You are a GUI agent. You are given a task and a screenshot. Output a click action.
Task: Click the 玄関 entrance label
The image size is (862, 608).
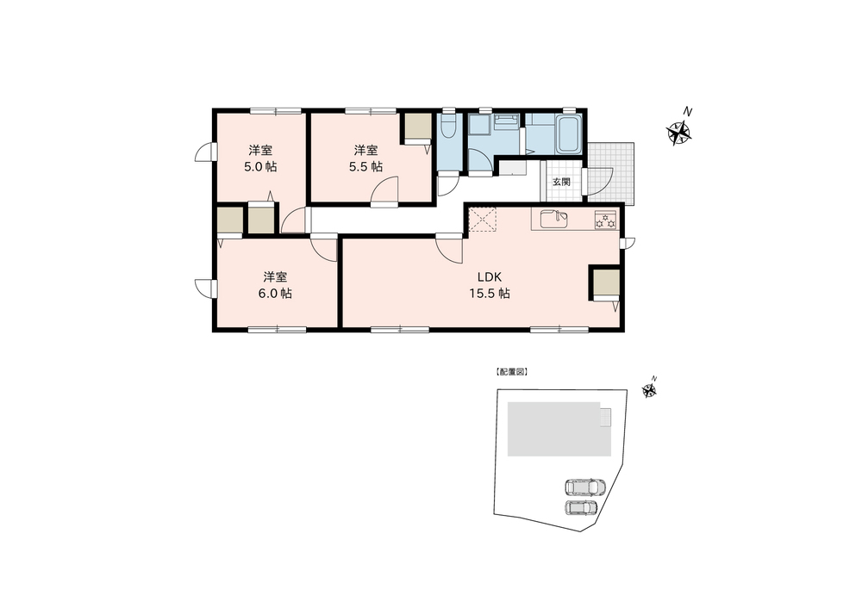[x=561, y=182]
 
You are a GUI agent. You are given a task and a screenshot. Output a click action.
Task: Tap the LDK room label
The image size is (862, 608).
[x=490, y=276]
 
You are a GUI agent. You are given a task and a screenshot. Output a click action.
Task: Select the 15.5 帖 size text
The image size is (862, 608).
[x=490, y=294]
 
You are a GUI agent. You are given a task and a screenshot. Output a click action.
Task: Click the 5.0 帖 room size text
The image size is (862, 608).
[x=260, y=167]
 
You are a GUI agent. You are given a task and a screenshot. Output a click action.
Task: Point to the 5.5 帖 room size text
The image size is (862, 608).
[x=366, y=167]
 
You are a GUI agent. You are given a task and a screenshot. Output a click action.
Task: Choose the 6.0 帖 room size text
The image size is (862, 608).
[x=276, y=294]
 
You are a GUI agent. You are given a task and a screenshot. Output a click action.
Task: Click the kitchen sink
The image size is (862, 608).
[x=554, y=219]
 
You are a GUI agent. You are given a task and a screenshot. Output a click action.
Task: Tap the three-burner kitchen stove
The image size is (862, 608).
[x=606, y=220]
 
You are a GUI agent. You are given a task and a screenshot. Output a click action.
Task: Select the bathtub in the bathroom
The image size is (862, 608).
[x=568, y=134]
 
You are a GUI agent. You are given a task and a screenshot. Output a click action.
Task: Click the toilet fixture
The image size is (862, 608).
[x=448, y=127]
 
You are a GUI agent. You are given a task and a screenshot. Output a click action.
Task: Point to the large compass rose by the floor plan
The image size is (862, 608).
[x=679, y=133]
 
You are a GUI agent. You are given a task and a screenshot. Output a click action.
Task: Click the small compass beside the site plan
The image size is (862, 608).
[x=649, y=390]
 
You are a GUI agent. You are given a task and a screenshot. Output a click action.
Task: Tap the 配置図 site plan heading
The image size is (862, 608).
[x=511, y=372]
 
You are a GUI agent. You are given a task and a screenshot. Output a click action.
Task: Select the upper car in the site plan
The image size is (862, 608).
[x=585, y=487]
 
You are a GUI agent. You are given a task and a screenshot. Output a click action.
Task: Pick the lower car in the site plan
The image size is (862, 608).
[x=582, y=507]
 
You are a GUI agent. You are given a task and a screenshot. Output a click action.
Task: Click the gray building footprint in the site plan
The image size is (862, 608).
[x=559, y=428]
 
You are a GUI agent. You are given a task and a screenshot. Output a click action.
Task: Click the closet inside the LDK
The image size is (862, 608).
[x=606, y=282]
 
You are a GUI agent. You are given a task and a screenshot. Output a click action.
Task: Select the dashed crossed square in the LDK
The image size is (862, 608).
[x=482, y=220]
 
